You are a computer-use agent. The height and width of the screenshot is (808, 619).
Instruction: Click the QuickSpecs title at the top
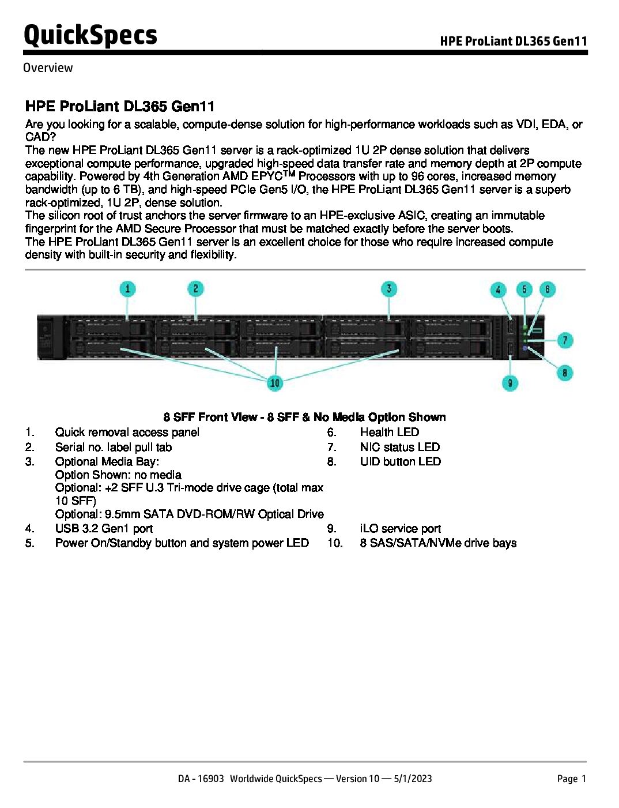click(90, 35)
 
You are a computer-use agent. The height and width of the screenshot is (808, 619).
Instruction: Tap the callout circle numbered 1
click(127, 288)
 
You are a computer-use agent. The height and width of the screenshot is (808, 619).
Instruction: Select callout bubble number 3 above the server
click(389, 288)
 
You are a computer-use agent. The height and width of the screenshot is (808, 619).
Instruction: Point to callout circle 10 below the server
click(275, 382)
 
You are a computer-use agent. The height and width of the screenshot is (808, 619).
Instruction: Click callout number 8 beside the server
click(565, 373)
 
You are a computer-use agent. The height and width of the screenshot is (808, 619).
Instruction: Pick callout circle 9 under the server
click(509, 382)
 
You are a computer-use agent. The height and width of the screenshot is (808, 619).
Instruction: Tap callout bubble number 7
click(565, 340)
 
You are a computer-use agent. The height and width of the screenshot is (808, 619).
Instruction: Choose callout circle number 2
click(196, 288)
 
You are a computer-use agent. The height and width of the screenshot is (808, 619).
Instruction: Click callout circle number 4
click(498, 290)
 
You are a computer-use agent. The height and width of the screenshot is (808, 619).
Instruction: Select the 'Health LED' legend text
click(389, 432)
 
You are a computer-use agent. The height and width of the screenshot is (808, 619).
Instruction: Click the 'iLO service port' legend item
click(400, 528)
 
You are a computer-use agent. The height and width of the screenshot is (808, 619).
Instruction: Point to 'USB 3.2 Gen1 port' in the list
click(104, 528)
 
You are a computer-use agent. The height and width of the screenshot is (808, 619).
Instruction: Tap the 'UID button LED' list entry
click(400, 461)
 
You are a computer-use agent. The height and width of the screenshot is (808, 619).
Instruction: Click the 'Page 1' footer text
click(571, 779)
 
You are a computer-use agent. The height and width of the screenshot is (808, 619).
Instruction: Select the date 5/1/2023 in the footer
click(413, 779)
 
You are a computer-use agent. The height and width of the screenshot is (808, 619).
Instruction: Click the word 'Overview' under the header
click(48, 68)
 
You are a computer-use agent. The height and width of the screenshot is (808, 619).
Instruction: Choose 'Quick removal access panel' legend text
click(127, 432)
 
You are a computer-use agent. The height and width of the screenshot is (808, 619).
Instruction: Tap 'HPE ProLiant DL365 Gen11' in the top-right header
click(514, 41)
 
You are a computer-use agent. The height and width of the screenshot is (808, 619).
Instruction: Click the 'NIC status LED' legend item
click(399, 447)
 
